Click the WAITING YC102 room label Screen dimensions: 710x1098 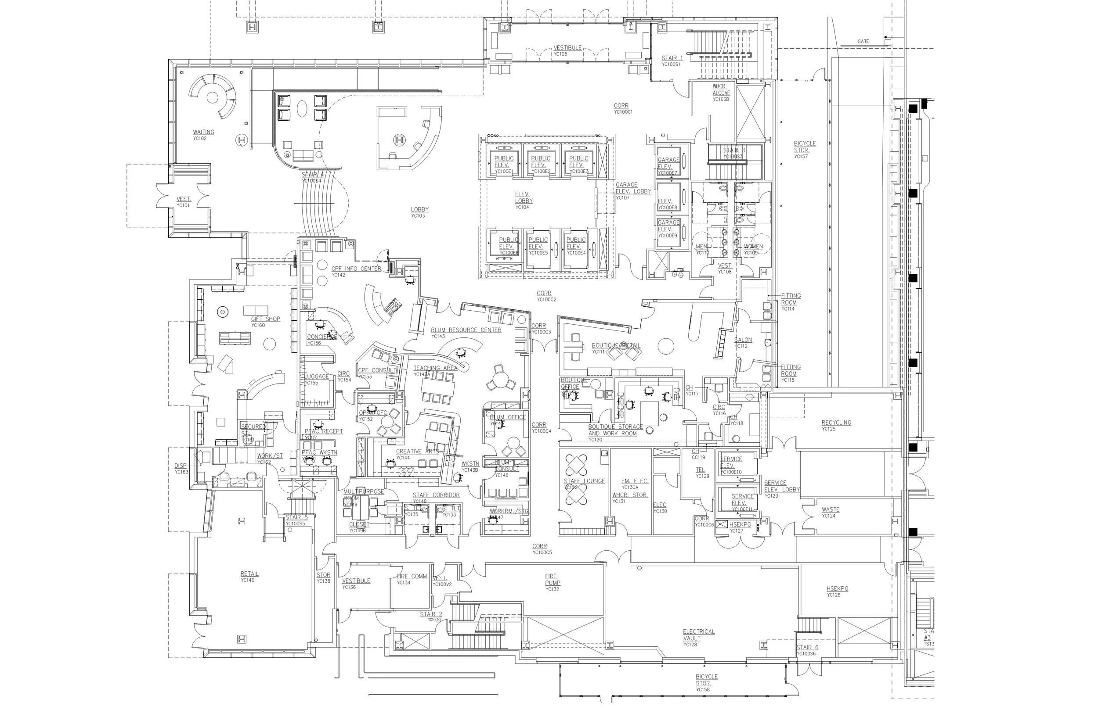pyautogui.click(x=203, y=135)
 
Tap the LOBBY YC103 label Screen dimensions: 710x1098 pyautogui.click(x=419, y=212)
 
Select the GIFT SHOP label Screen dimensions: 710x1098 pyautogui.click(x=265, y=321)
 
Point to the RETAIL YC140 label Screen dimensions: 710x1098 pyautogui.click(x=249, y=576)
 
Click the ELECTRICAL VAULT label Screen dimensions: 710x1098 pyautogui.click(x=698, y=637)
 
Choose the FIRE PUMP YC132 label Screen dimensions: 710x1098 pyautogui.click(x=551, y=582)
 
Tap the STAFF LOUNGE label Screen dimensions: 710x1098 pyautogui.click(x=584, y=483)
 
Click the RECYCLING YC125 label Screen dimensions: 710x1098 pyautogui.click(x=836, y=425)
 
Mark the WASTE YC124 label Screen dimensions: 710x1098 pyautogui.click(x=830, y=512)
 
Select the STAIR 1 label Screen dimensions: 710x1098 pyautogui.click(x=672, y=61)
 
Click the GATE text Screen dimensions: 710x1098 pyautogui.click(x=863, y=42)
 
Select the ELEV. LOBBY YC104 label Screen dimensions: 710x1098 pyautogui.click(x=523, y=200)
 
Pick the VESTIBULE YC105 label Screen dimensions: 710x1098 pyautogui.click(x=567, y=50)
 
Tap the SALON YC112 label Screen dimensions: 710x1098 pyautogui.click(x=743, y=343)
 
